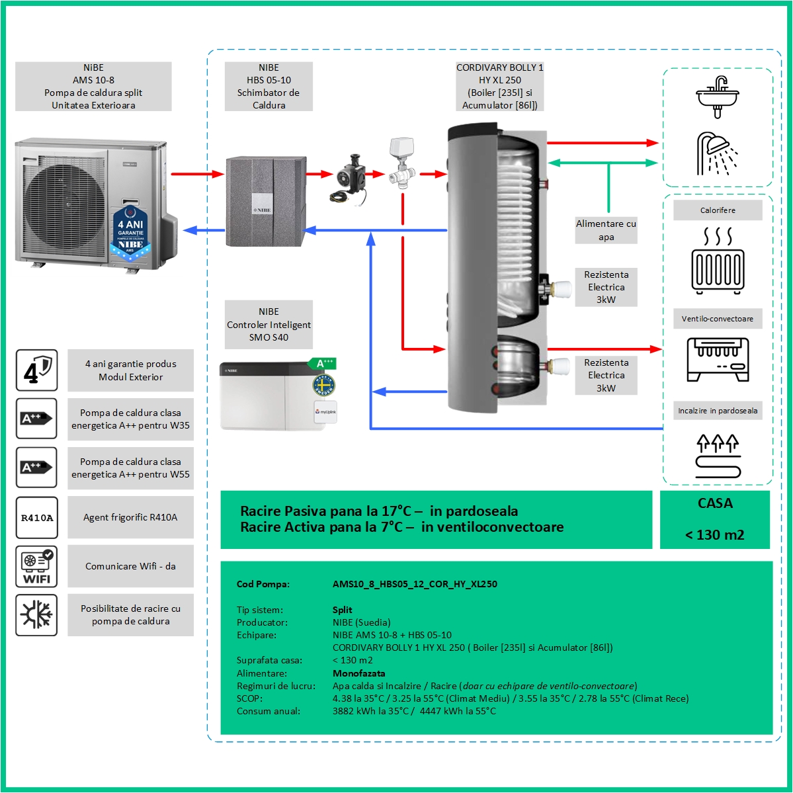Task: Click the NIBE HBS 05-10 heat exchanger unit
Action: coord(266,200)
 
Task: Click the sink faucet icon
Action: coord(718,95)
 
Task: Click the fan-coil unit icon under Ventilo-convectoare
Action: coord(718,359)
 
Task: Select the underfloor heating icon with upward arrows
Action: coord(718,455)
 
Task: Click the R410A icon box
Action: coord(37,518)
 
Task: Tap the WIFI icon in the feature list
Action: coord(37,567)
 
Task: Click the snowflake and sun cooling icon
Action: coord(37,615)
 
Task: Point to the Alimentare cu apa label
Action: coord(606,230)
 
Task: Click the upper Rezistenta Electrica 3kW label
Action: coord(606,287)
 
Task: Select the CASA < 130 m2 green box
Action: coord(714,519)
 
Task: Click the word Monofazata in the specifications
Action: coord(358,673)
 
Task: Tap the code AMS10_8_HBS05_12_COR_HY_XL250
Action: coord(415,584)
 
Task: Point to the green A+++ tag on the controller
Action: coord(323,364)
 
